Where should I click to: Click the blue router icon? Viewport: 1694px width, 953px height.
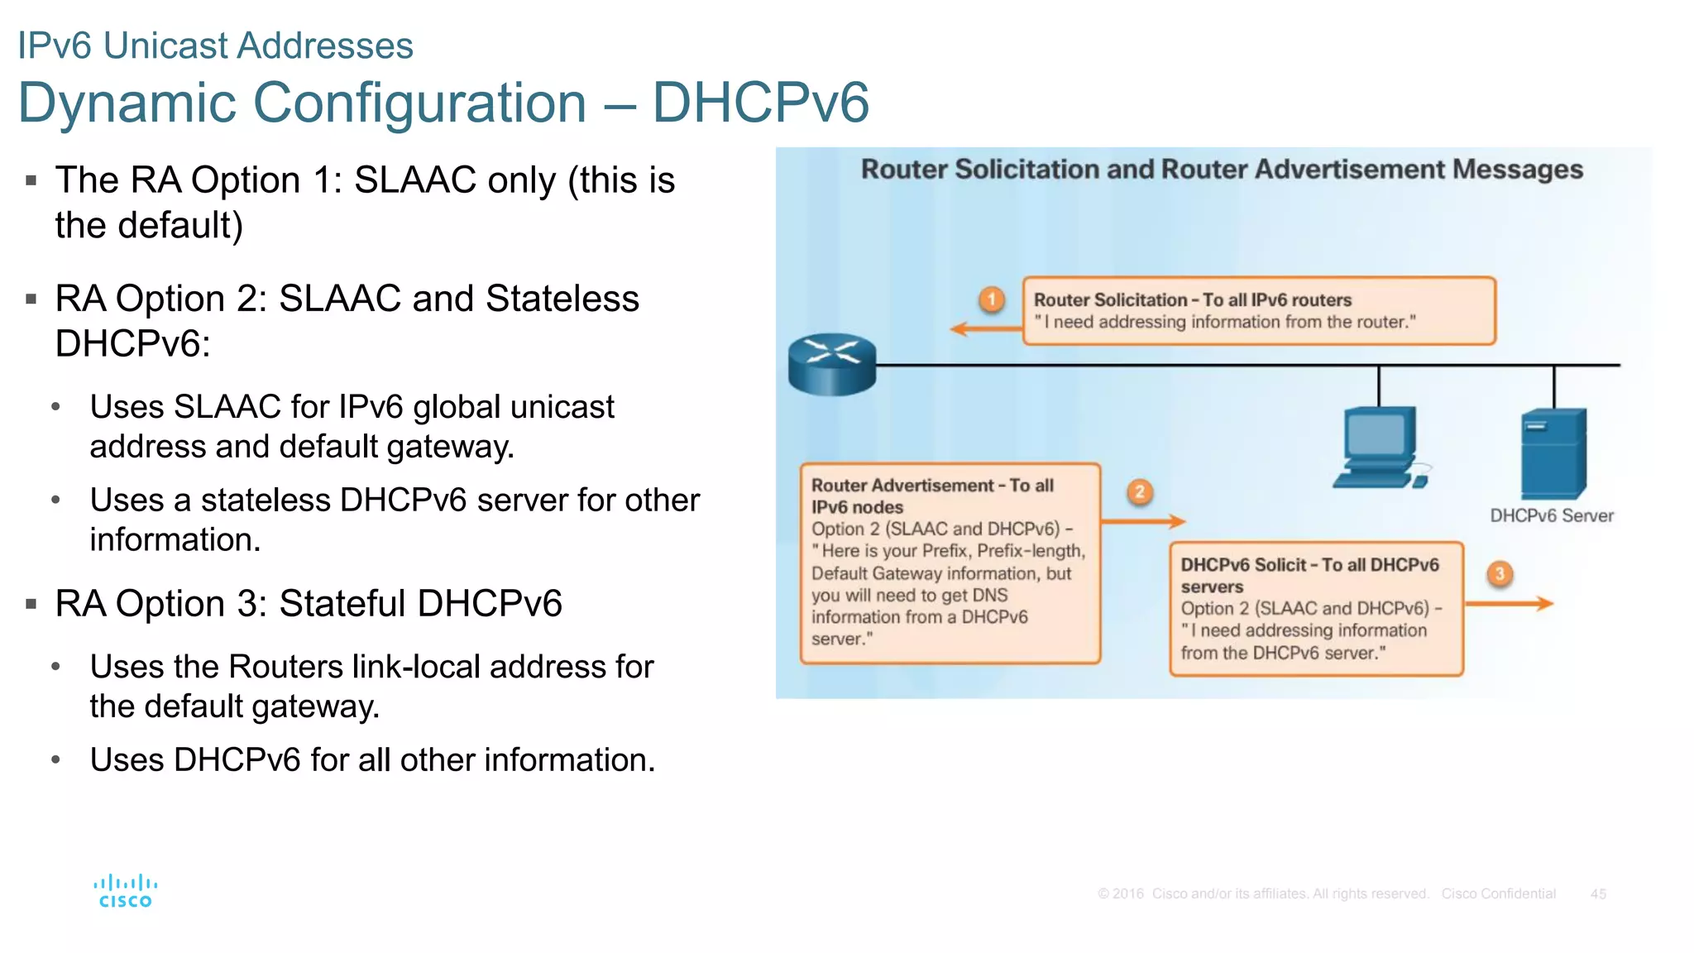point(831,364)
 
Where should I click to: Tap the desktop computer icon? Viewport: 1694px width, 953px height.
point(1380,447)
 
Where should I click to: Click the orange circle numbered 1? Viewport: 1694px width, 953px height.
point(992,299)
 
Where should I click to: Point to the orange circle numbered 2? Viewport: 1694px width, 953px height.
point(1139,492)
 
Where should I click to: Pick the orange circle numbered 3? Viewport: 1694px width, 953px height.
point(1500,573)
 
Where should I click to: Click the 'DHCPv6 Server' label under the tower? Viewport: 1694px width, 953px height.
point(1551,515)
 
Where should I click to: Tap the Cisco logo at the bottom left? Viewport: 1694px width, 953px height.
point(126,891)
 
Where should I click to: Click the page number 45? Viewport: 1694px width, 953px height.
point(1598,893)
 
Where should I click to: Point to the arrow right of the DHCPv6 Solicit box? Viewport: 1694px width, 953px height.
point(1510,604)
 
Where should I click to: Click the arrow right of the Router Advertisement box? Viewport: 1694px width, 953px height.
point(1144,521)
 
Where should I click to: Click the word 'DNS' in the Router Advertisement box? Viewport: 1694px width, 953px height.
point(989,595)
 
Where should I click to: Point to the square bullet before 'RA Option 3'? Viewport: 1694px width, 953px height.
point(31,604)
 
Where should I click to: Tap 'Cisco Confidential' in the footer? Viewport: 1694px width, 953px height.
point(1498,893)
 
